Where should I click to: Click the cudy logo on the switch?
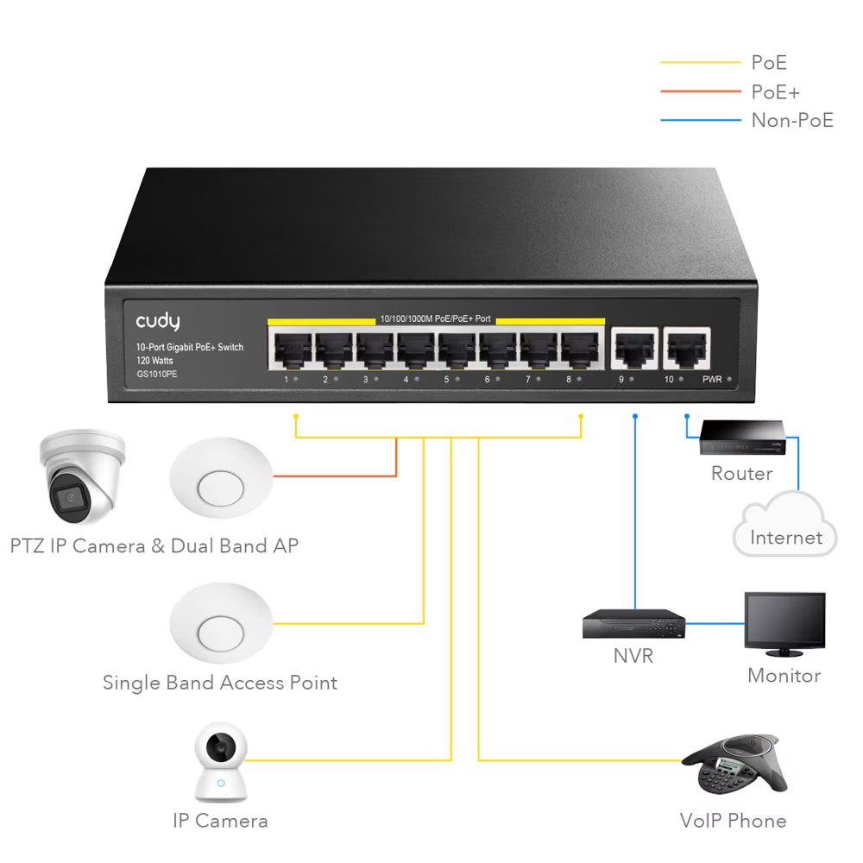point(158,321)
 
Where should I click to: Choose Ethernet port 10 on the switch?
point(685,349)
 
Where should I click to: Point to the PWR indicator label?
point(712,380)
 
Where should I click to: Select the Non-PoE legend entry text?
point(792,120)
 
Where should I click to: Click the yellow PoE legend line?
point(700,63)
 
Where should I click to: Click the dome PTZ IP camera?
point(83,479)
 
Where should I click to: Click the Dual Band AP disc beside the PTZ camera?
point(220,479)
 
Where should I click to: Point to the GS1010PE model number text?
point(156,374)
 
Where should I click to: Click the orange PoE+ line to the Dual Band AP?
point(345,475)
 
